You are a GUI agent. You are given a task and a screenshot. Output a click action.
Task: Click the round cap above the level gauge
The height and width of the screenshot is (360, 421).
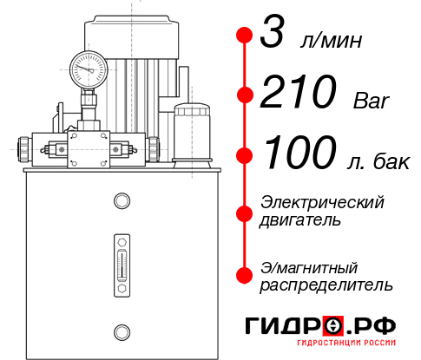click(122, 202)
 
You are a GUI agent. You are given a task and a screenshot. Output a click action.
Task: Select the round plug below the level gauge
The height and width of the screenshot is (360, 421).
click(122, 330)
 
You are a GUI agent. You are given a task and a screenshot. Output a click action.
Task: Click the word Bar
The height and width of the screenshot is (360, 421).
click(372, 101)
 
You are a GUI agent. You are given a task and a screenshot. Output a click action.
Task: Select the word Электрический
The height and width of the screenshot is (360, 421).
click(322, 203)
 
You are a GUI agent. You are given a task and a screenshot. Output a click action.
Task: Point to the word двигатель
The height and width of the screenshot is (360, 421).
click(300, 220)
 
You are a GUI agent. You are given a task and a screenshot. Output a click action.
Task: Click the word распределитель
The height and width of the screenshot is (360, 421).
click(326, 284)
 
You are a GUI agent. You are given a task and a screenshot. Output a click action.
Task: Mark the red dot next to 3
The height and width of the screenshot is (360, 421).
click(245, 36)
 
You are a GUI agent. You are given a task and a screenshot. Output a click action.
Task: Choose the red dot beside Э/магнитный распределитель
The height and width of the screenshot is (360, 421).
click(245, 274)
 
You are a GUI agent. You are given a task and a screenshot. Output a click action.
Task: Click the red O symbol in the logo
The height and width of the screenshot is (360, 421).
click(334, 325)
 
